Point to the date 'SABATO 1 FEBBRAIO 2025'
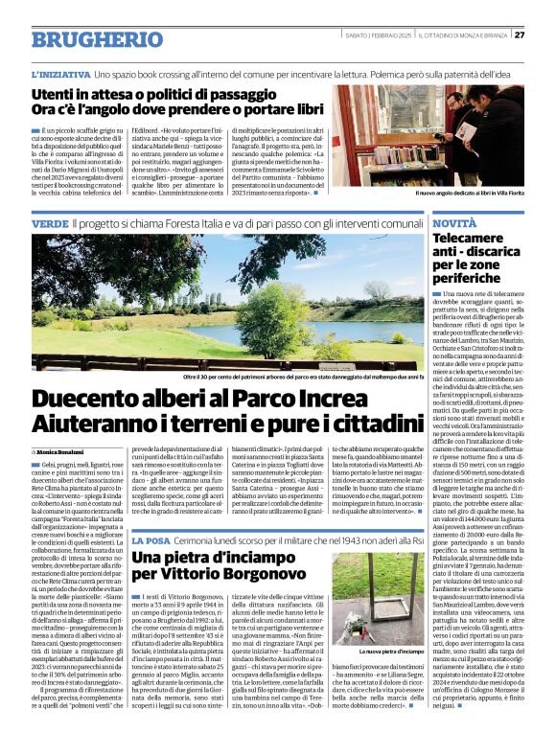379,34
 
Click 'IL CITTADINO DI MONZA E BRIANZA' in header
467,34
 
